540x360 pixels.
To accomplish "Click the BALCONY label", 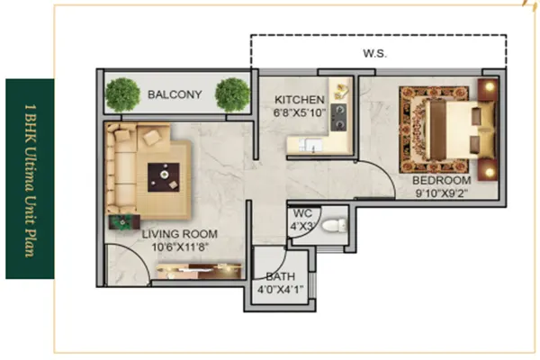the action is [x=175, y=94].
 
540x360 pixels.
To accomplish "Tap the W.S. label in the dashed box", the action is [x=374, y=53].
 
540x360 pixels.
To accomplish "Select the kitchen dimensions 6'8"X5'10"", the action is [x=300, y=112].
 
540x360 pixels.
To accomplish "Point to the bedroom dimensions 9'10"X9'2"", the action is [x=442, y=193].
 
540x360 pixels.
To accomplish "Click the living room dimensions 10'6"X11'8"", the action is [x=180, y=247].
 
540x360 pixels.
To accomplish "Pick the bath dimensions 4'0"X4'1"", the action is [x=280, y=290].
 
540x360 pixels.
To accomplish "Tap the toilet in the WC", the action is [x=334, y=226].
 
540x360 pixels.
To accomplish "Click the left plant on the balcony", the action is [x=123, y=94].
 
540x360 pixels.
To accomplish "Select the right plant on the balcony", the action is [x=232, y=94].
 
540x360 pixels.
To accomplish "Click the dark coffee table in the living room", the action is [x=164, y=177].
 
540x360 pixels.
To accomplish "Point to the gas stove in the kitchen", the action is [x=339, y=117].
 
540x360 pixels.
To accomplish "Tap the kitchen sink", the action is [x=310, y=145].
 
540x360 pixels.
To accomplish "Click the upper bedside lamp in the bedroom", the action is [x=489, y=87].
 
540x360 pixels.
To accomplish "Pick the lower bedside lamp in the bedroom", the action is [x=489, y=171].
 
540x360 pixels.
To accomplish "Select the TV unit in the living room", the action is [x=200, y=271].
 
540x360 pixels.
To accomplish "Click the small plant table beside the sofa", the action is [x=124, y=222].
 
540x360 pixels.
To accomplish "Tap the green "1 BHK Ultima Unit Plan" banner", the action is [x=30, y=179].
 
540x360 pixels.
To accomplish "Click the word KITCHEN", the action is [x=300, y=100].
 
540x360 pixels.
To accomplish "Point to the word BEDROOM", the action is [x=442, y=180].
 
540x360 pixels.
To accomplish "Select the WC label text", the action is [x=302, y=213].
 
